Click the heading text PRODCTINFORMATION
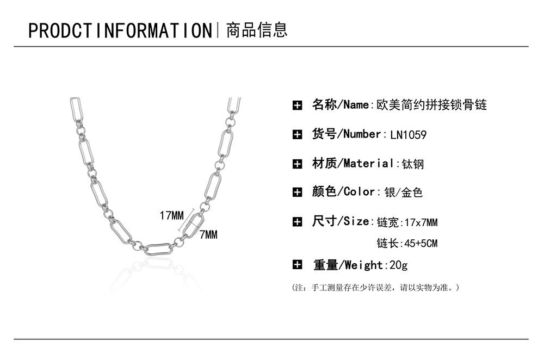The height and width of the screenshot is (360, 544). click(x=120, y=30)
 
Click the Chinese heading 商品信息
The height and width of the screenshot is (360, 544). click(x=256, y=30)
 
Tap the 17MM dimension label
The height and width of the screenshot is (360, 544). click(x=172, y=216)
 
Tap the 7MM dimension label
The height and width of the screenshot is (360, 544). click(x=208, y=235)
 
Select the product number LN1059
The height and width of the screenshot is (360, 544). click(x=409, y=135)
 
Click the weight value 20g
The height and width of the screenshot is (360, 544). click(x=397, y=265)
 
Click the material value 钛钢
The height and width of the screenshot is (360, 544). click(x=413, y=164)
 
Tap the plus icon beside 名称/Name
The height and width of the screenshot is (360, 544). click(x=297, y=105)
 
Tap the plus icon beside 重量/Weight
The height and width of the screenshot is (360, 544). click(x=297, y=265)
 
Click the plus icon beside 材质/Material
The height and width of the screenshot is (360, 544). click(x=297, y=164)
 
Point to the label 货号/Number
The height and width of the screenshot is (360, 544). click(x=347, y=134)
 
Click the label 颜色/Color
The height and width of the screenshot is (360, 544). click(x=344, y=191)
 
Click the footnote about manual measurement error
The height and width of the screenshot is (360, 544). click(x=376, y=287)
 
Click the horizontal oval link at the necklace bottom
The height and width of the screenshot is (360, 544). click(x=158, y=249)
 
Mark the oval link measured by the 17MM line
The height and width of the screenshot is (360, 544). click(x=193, y=224)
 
